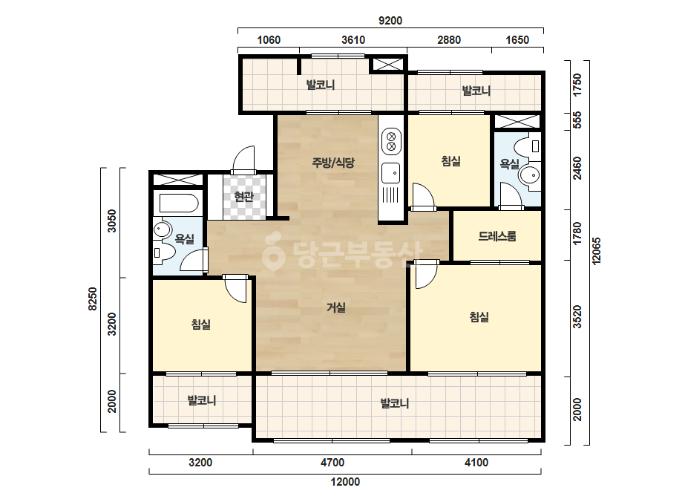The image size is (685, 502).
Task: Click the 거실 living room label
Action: click(336, 308)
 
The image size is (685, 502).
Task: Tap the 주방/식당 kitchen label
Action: click(333, 163)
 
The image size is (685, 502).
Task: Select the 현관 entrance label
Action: click(243, 197)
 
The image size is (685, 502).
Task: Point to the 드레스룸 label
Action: click(497, 237)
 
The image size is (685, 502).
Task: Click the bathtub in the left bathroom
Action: click(179, 203)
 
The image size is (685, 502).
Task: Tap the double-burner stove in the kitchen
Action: click(391, 141)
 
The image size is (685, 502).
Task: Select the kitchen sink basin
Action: click(390, 173)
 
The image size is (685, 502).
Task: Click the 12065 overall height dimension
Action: click(596, 250)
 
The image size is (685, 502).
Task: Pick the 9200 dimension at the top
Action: click(390, 21)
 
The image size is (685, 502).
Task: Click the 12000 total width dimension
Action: click(345, 482)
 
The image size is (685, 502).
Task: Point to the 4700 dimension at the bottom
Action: click(332, 462)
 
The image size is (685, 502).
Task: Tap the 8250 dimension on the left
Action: click(92, 299)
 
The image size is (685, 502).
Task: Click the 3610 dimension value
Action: click(353, 40)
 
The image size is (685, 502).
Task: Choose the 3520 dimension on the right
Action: click(577, 316)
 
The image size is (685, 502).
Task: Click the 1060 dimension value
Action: click(269, 40)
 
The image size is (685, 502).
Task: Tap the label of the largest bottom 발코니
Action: click(395, 403)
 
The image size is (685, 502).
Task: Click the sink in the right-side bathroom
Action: click(530, 175)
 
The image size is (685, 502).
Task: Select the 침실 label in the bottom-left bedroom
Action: click(201, 325)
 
